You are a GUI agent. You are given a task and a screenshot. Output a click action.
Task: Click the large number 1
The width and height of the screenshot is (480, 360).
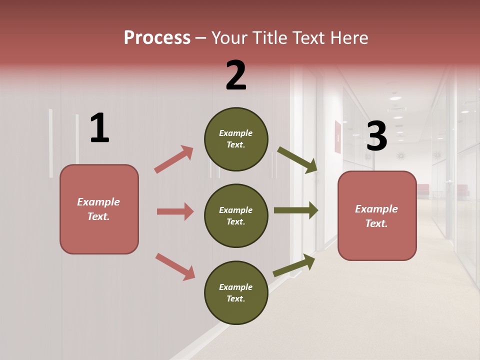[99, 128]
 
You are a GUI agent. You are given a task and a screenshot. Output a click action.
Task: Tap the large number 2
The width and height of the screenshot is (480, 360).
[236, 75]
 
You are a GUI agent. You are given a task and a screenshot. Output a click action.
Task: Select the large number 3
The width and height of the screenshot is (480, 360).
[376, 136]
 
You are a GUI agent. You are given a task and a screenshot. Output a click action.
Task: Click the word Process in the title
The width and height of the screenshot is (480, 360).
[157, 37]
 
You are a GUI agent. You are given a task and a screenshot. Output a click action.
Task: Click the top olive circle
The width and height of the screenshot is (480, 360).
[236, 139]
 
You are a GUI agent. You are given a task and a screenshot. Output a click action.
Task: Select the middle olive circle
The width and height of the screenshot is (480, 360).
[236, 215]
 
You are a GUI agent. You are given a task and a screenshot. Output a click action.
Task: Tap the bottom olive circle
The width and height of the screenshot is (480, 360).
[236, 292]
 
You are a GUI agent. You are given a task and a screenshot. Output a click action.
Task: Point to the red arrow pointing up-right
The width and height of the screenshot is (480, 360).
[174, 159]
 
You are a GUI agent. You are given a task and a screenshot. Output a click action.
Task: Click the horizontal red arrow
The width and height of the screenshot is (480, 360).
[175, 211]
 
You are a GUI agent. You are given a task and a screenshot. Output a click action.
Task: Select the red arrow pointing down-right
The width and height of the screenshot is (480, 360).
[175, 266]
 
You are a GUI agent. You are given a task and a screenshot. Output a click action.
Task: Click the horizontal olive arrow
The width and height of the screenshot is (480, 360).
[296, 210]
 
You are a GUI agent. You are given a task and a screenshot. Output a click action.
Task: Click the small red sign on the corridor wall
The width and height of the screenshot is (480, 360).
[337, 136]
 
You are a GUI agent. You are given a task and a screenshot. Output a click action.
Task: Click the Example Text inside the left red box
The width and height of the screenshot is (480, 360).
[98, 209]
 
